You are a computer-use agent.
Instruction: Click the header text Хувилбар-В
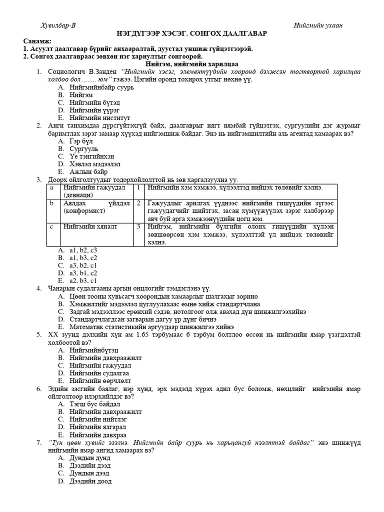coord(58,25)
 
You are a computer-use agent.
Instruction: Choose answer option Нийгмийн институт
coord(95,117)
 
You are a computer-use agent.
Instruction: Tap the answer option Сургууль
coord(84,149)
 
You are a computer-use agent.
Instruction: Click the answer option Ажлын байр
coord(88,171)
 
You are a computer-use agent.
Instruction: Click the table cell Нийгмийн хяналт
coord(90,226)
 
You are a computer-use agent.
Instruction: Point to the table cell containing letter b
coord(51,203)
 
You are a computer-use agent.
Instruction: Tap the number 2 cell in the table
coord(138,203)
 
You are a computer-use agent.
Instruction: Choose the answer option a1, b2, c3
coord(83,250)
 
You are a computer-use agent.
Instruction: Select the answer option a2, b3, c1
coord(83,280)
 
